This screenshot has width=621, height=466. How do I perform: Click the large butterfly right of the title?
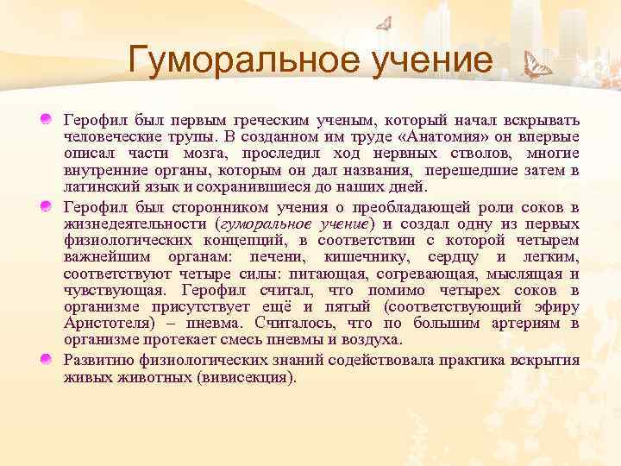point(538,64)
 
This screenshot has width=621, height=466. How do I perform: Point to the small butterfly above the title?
point(384,23)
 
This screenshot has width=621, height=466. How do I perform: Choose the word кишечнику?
point(360,257)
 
